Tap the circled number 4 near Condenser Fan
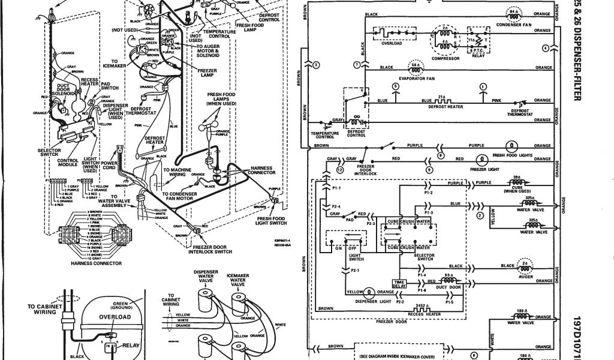[x=545, y=47]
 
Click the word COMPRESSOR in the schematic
[x=444, y=59]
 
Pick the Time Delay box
[x=398, y=284]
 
